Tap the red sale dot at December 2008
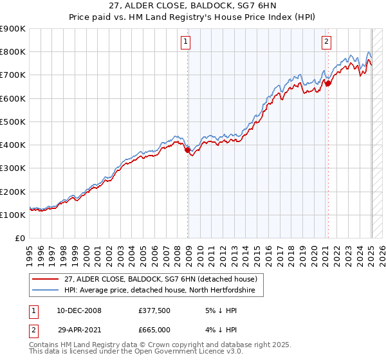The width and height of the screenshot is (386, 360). point(188,150)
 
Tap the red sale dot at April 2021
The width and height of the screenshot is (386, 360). point(328,83)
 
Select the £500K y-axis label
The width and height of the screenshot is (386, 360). point(13,122)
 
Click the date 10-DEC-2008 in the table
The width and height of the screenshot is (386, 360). point(79,310)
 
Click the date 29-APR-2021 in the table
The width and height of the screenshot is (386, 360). point(79,329)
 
